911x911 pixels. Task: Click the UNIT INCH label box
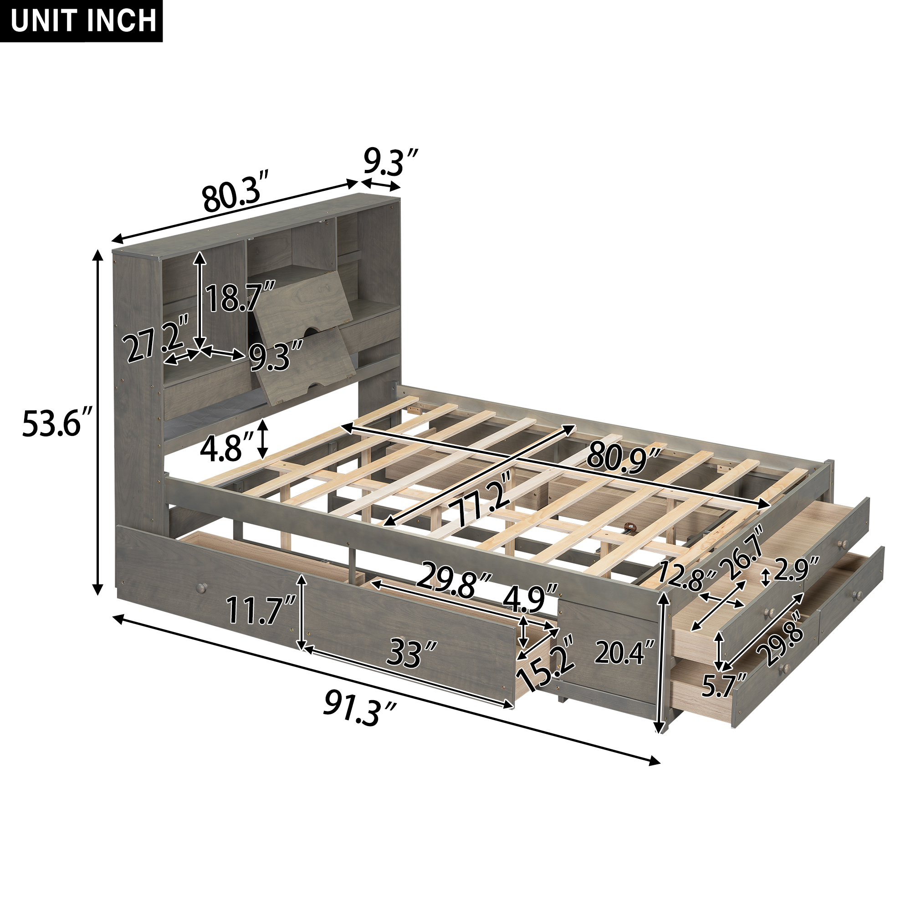coord(81,21)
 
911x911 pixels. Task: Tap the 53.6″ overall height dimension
coord(56,423)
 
